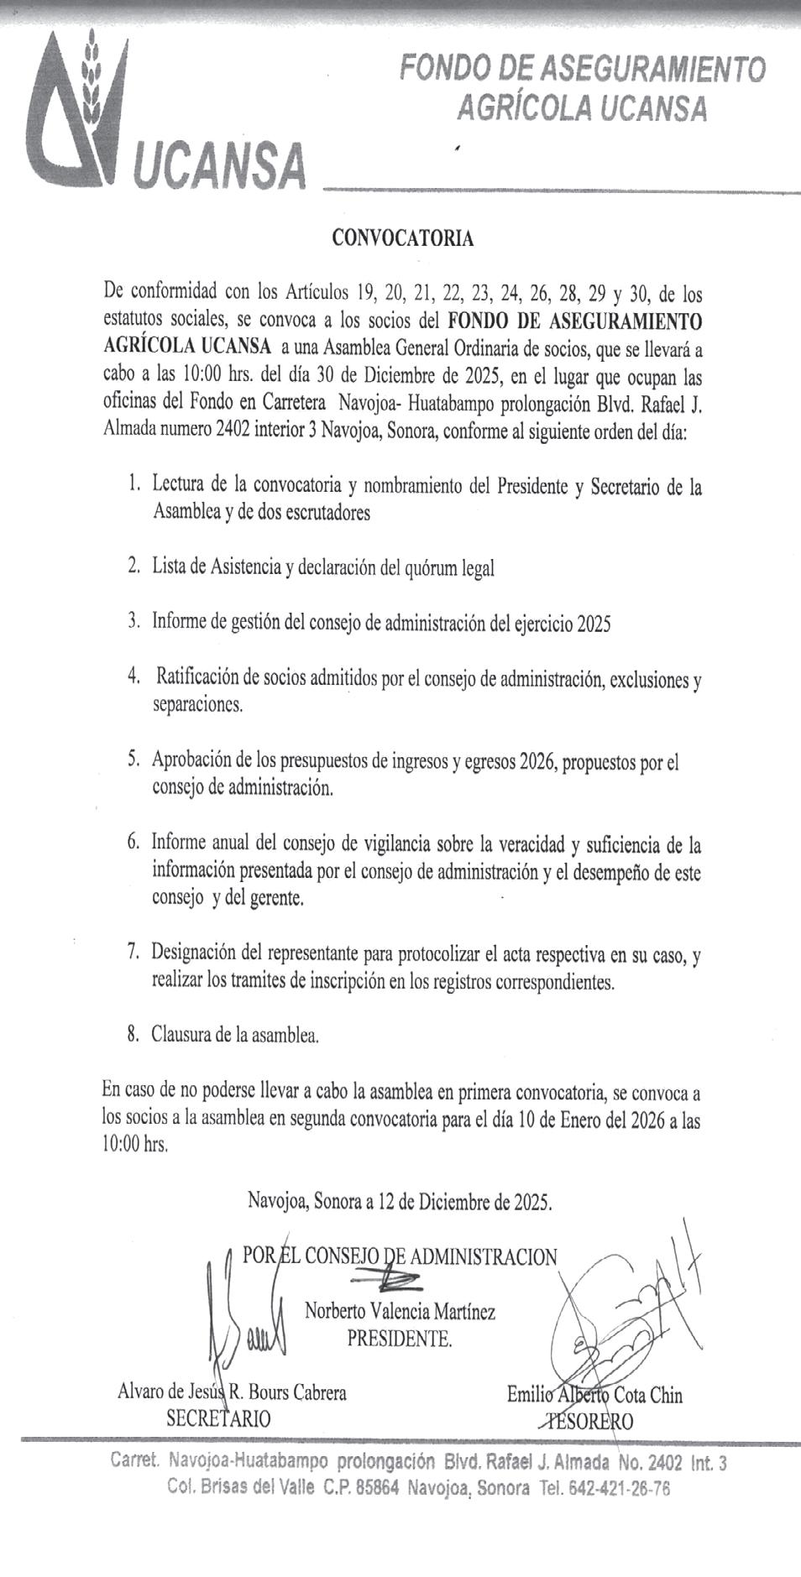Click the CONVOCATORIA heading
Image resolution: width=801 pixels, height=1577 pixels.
402,238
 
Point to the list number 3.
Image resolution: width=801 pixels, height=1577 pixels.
133,623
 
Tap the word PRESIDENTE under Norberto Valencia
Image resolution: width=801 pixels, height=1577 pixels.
400,1339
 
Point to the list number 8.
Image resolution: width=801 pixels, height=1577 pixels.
133,1034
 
